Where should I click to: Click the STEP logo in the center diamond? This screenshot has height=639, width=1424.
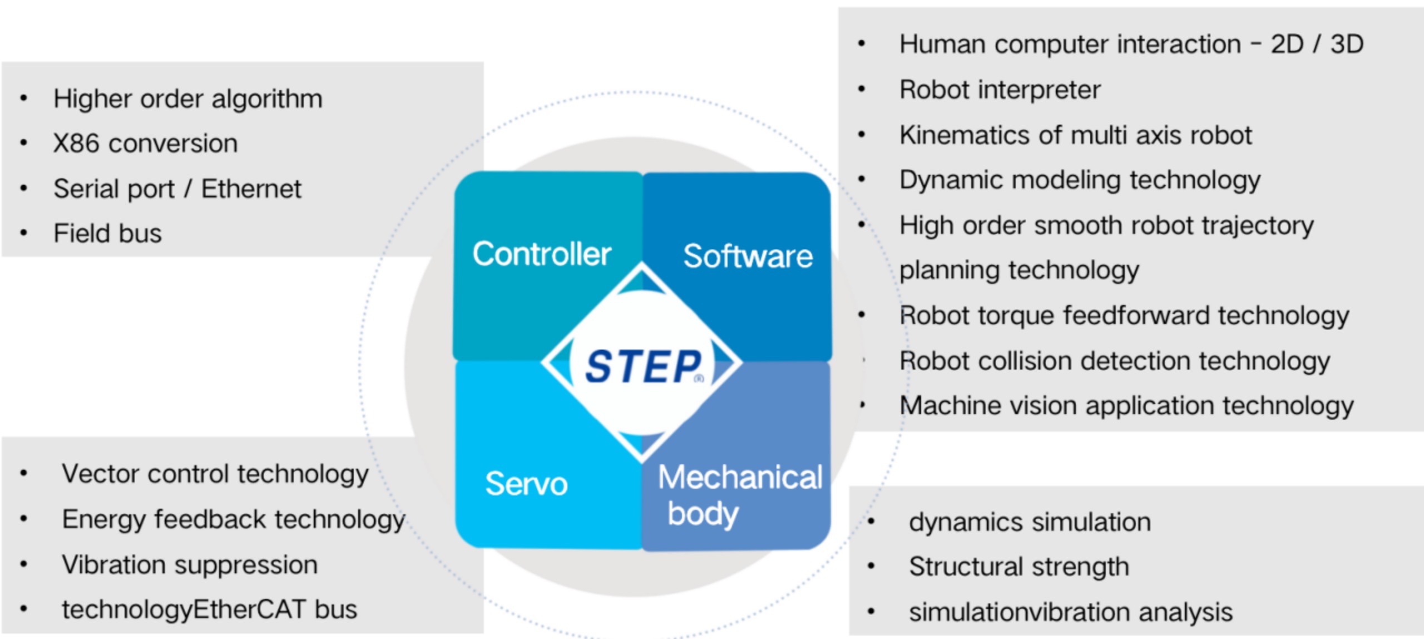643,366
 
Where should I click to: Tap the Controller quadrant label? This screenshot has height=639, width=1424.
542,254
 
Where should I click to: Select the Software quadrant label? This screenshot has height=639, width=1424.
748,257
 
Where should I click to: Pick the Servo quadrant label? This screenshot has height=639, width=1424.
526,483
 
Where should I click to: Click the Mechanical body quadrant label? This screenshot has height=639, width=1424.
740,494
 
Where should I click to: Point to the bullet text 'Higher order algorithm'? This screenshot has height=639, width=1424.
188,99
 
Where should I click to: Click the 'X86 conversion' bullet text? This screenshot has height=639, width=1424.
146,144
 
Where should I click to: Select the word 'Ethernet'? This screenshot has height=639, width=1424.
251,189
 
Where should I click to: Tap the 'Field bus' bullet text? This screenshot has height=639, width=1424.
107,233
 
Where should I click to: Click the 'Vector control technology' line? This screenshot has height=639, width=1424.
215,474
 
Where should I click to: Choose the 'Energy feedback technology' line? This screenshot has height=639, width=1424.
234,519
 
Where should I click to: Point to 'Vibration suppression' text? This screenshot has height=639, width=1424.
190,565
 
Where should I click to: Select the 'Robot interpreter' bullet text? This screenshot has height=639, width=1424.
1000,90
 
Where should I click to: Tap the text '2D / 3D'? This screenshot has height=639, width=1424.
1317,45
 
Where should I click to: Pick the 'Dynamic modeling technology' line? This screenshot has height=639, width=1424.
1080,180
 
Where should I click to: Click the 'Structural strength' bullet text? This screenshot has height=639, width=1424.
1019,567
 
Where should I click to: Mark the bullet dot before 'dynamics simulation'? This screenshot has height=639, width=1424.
871,522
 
